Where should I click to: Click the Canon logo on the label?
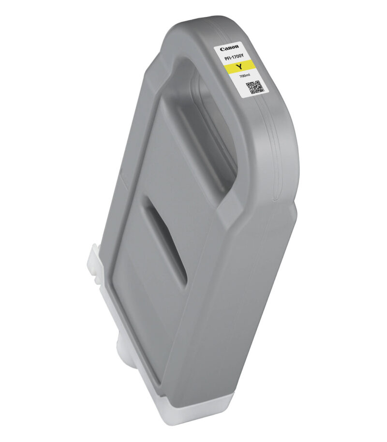[x=229, y=48]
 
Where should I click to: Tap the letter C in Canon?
[x=222, y=50]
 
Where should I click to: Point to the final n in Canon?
[x=237, y=46]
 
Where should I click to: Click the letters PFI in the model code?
[x=227, y=59]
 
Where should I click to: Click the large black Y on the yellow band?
[x=240, y=67]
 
